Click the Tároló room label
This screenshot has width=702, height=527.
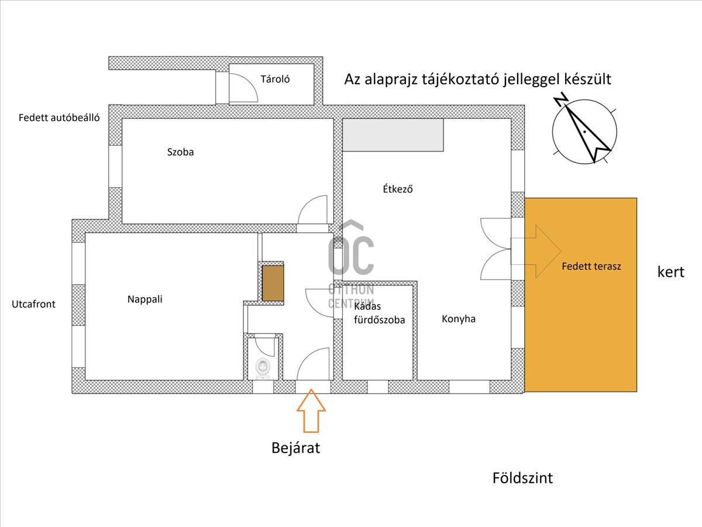click(275, 79)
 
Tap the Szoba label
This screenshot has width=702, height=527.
click(180, 152)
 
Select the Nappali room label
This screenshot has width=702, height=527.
click(145, 299)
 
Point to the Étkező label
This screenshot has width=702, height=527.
click(398, 189)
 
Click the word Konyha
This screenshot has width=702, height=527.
click(459, 319)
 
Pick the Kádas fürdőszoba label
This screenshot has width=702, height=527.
click(379, 313)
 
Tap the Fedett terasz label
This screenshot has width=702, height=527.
click(591, 266)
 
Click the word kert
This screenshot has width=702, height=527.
click(670, 272)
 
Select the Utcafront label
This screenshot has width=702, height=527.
click(33, 304)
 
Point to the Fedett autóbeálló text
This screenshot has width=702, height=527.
click(59, 118)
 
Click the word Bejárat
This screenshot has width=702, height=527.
click(295, 448)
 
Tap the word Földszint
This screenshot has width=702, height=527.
click(522, 478)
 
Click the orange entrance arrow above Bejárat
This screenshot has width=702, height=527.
click(311, 411)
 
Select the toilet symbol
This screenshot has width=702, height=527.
click(263, 368)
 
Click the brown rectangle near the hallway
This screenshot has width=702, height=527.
click(273, 283)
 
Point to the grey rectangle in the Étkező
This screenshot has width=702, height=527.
click(393, 135)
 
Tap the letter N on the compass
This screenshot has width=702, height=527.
click(561, 99)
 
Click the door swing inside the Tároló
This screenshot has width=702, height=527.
click(243, 88)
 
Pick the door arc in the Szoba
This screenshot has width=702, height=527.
click(312, 209)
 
